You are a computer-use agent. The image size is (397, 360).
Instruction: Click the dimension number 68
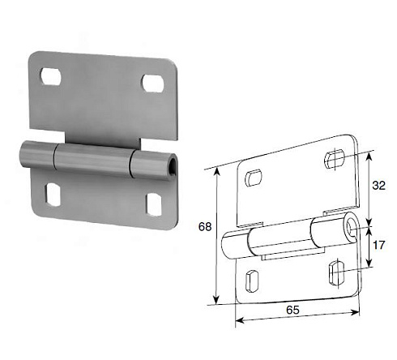click(x=205, y=226)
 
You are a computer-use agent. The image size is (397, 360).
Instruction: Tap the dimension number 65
click(x=292, y=310)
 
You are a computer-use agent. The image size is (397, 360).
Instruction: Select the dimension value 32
click(x=378, y=186)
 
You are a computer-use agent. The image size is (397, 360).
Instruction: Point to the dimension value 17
click(x=378, y=246)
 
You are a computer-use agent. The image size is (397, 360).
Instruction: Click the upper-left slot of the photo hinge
click(x=50, y=76)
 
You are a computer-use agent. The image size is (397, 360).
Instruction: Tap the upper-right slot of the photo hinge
click(x=152, y=83)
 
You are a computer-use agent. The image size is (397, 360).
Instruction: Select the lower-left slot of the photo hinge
click(x=53, y=195)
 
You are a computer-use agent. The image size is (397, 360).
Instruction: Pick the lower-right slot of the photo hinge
click(x=154, y=204)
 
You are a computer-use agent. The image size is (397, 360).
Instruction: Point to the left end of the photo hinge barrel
click(x=22, y=152)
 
